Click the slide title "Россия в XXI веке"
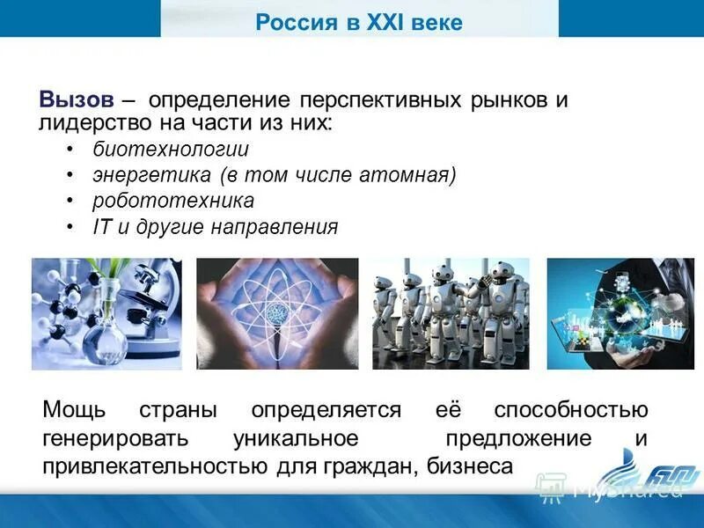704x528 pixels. [x=358, y=21]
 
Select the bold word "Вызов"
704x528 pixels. [x=76, y=99]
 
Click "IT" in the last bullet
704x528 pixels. [x=101, y=227]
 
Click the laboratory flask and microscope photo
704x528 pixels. [x=106, y=313]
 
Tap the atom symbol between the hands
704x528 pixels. [x=277, y=314]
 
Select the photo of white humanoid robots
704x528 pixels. [x=451, y=313]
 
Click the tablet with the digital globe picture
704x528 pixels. [x=620, y=313]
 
